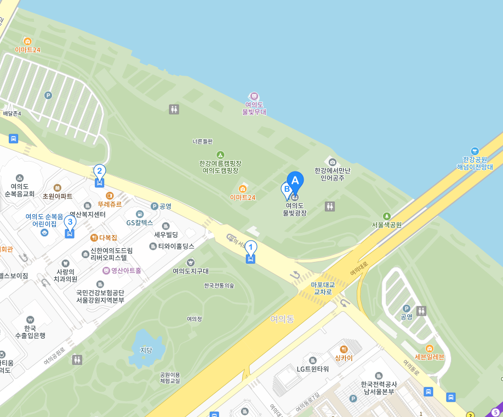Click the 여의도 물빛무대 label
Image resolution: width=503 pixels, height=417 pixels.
coord(254,108)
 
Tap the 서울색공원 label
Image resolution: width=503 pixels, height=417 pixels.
coord(387,225)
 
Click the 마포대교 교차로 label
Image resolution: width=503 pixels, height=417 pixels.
coord(323,288)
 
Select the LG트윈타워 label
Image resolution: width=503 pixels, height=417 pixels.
coord(313,369)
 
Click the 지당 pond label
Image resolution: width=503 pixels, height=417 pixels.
coord(146,350)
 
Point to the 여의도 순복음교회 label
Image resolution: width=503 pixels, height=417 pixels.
coord(20,190)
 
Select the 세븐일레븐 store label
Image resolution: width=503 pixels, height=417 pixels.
coord(430,357)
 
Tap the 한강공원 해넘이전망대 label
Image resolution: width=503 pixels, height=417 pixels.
coord(475,163)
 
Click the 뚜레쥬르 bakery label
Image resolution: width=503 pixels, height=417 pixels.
coord(110,204)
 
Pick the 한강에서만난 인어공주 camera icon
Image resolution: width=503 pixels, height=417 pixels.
coord(332,162)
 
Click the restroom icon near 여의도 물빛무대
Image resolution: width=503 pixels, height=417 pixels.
coord(174,110)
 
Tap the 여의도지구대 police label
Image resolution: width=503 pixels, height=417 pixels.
coord(191,271)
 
